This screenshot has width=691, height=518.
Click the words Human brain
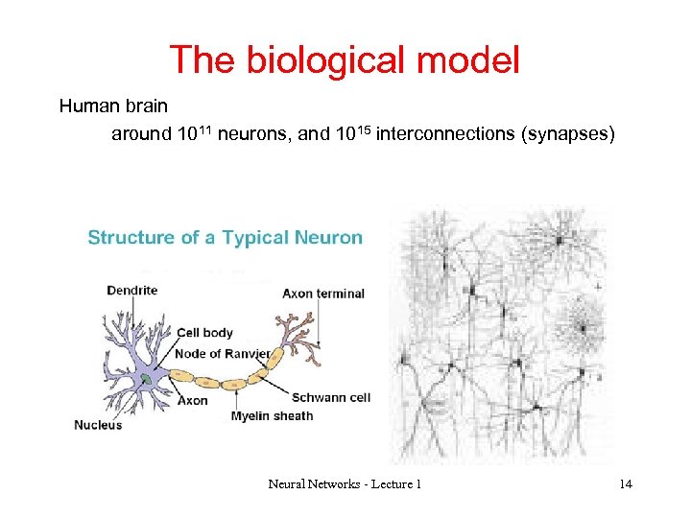113,106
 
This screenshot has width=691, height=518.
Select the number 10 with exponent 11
196,133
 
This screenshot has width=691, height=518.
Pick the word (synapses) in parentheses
567,134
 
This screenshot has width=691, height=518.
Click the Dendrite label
131,290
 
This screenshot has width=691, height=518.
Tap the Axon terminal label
323,294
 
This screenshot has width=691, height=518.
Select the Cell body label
204,333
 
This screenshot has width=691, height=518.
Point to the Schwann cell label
330,397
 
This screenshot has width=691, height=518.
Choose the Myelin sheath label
272,416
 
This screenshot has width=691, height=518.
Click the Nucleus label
98,425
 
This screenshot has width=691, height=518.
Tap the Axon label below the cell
192,401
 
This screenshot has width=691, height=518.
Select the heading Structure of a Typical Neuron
225,238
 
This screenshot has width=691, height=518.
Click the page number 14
626,484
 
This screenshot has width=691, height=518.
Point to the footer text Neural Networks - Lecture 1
345,484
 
